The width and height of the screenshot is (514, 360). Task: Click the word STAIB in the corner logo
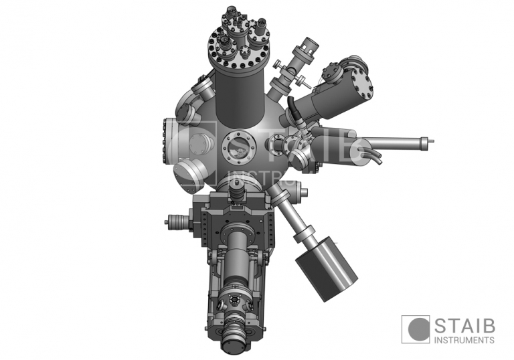(464, 326)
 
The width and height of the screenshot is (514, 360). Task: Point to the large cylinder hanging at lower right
(326, 267)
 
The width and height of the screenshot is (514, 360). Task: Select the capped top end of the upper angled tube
(309, 46)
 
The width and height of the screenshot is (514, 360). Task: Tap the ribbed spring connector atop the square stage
(237, 193)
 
